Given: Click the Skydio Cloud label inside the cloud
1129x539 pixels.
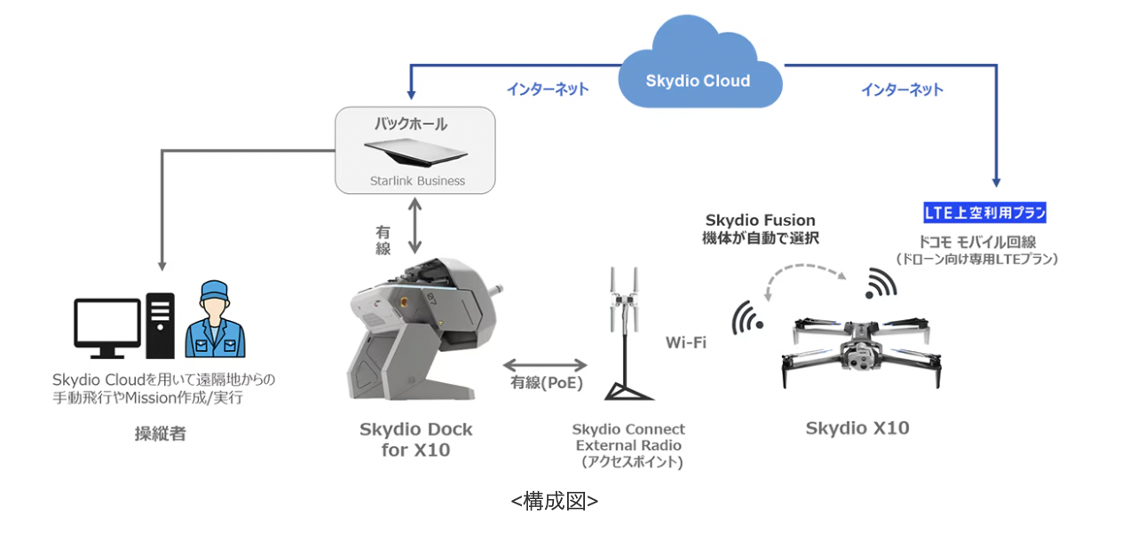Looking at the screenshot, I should click(698, 81).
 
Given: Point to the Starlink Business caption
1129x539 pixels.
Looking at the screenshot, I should click(417, 181).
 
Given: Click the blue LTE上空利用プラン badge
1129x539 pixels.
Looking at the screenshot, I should click(985, 213).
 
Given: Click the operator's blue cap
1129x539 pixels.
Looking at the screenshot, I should click(214, 292).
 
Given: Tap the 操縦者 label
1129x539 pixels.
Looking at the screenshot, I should click(161, 434).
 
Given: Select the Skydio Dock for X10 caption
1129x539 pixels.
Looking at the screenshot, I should click(416, 440).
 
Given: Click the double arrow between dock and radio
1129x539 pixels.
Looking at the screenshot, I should click(544, 364).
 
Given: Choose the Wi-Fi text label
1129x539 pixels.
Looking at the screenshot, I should click(686, 342).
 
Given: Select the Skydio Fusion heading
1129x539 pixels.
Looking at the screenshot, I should click(760, 220).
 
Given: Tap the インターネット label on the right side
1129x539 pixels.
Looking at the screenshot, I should click(902, 90).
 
